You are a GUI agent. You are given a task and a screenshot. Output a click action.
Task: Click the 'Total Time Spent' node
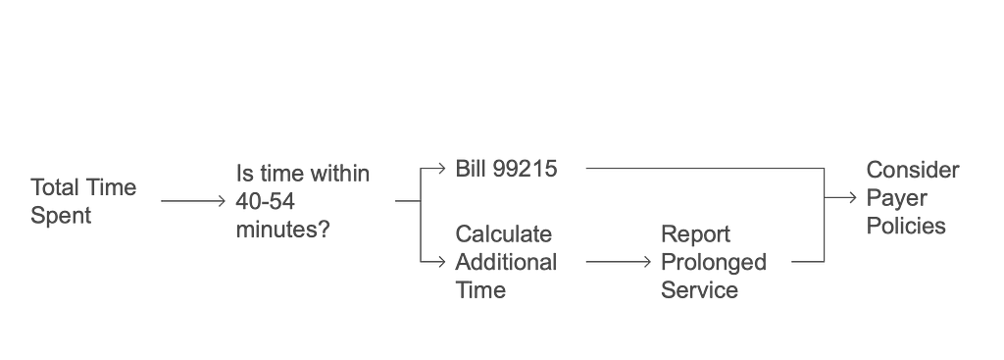[x=83, y=201]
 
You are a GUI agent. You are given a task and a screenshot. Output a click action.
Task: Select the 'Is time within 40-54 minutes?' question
[x=303, y=201]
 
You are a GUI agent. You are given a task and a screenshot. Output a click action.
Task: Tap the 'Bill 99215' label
[x=506, y=169]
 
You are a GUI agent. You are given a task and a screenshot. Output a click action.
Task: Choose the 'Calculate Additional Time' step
[x=504, y=263]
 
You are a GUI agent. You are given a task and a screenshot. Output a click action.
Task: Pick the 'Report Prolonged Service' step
[x=713, y=263]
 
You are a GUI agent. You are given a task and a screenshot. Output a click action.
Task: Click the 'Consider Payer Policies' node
[x=912, y=198]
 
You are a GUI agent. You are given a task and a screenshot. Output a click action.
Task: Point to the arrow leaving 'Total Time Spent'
[x=192, y=201]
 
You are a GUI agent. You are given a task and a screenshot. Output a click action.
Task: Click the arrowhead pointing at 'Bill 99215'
[x=441, y=169]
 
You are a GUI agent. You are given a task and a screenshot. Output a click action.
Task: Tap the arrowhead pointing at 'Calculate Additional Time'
[x=441, y=261]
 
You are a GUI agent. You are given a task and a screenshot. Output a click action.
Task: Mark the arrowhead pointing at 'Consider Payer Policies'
[x=849, y=199]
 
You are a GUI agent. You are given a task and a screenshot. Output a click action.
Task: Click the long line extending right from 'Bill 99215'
[x=701, y=169]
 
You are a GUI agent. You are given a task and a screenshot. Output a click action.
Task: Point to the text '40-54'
[x=266, y=201]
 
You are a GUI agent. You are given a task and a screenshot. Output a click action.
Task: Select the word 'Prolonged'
[x=713, y=263]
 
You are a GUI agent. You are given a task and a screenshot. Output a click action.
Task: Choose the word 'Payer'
[x=896, y=199]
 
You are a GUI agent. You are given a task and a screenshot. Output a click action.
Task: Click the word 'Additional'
[x=506, y=263]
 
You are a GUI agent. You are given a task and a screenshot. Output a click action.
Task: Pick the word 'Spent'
[x=61, y=216]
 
